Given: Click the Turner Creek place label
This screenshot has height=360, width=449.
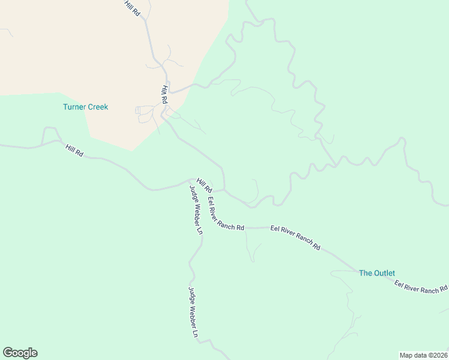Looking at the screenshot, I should [85, 107].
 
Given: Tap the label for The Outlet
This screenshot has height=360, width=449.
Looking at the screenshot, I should [376, 273].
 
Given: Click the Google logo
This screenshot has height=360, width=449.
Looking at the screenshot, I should [20, 353].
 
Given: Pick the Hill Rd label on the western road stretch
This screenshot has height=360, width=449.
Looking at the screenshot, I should [74, 150].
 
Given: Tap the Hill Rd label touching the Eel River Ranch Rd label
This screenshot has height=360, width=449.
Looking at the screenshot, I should [204, 185].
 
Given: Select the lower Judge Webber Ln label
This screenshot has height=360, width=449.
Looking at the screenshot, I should [193, 313].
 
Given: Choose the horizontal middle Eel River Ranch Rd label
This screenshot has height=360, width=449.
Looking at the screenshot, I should [295, 238].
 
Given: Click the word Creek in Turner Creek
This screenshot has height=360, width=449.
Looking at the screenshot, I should [97, 107].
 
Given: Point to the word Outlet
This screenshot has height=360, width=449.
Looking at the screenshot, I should [384, 273].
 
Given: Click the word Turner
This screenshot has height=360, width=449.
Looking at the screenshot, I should [74, 107].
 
